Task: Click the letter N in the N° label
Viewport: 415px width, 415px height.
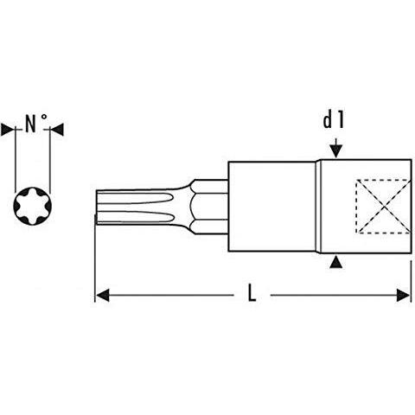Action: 31,124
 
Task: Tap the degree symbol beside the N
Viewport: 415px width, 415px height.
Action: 44,118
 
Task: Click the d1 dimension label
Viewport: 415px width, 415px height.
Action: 334,120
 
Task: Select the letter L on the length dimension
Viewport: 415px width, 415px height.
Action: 252,293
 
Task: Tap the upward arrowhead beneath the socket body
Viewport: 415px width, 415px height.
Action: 336,263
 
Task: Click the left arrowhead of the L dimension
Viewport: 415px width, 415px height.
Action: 102,296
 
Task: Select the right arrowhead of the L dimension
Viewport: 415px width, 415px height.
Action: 403,296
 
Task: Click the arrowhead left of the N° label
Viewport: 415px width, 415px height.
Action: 7,130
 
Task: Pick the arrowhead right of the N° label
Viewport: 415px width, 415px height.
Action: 57,130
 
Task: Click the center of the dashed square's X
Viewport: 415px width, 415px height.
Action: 385,207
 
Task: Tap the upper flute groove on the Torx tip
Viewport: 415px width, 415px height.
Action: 136,199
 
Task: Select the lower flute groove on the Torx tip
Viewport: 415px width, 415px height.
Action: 136,216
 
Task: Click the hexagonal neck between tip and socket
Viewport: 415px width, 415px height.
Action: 209,207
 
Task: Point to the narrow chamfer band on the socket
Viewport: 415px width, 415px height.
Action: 318,207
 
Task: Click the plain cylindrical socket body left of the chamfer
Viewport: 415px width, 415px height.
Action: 271,207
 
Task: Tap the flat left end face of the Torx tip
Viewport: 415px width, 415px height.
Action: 97,207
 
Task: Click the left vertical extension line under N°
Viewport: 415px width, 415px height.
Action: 16,160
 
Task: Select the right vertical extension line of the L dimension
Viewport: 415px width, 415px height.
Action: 411,281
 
